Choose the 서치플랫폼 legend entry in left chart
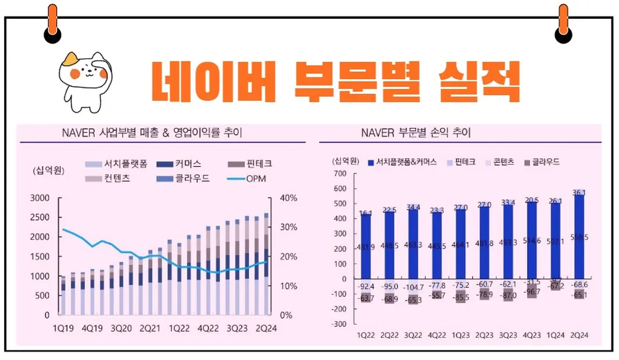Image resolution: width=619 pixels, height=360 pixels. tap(117, 164)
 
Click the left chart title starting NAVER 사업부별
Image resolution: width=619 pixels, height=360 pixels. tap(151, 133)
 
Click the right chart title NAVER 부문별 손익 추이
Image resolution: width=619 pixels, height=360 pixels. tap(416, 133)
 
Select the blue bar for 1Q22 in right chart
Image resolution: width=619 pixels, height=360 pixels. tap(366, 246)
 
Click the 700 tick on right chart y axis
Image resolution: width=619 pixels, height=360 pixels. tap(340, 173)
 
